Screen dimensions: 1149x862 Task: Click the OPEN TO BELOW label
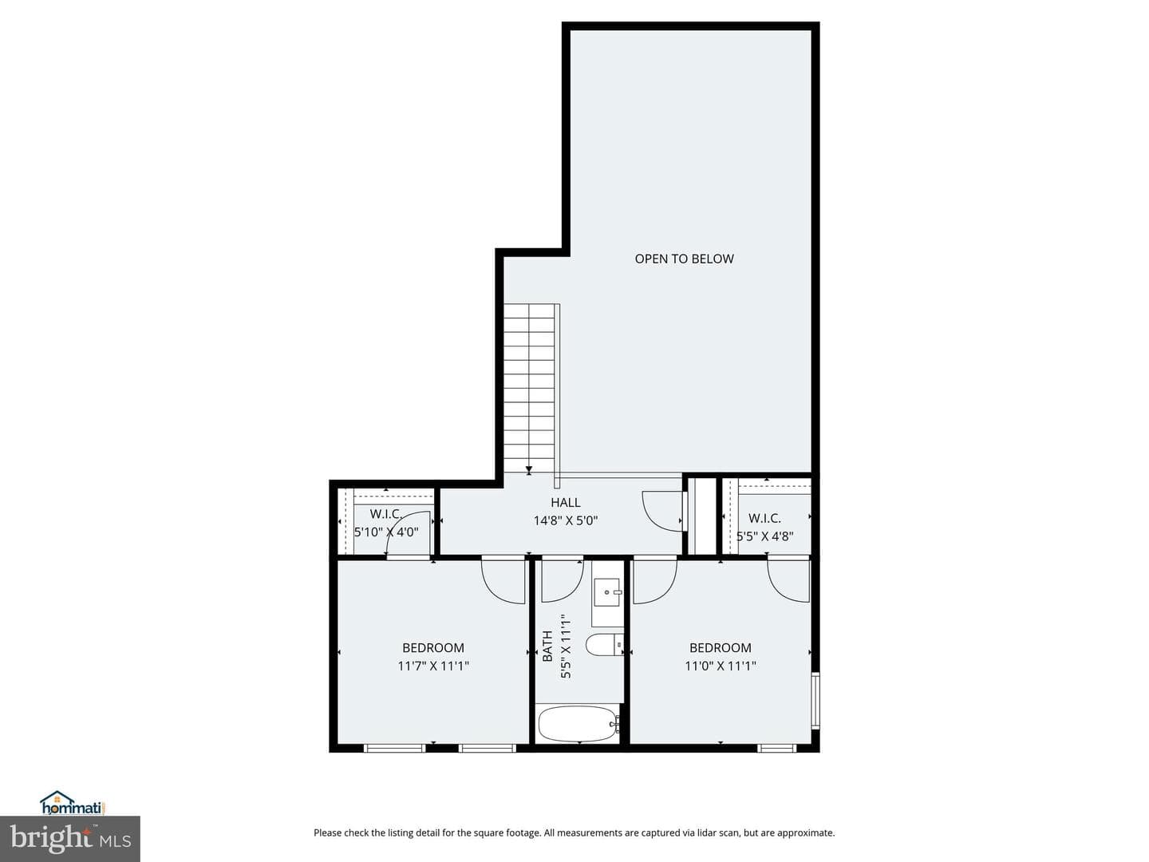684,259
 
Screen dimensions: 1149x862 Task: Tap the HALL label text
566,503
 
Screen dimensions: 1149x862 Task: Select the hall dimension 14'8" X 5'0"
566,520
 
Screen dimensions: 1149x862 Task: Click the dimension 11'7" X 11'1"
433,666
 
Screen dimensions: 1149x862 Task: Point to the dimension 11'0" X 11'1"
721,666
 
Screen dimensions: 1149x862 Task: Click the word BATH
547,646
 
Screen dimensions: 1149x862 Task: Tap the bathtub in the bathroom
578,724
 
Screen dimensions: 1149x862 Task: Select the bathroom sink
607,592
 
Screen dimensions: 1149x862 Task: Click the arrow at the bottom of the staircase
529,469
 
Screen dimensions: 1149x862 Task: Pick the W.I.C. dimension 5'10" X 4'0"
386,532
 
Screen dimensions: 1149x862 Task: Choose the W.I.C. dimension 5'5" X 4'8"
764,536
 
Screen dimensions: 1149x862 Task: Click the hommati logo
73,803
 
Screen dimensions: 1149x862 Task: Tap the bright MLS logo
70,839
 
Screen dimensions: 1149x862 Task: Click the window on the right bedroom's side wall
815,701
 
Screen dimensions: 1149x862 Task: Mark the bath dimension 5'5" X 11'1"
566,650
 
